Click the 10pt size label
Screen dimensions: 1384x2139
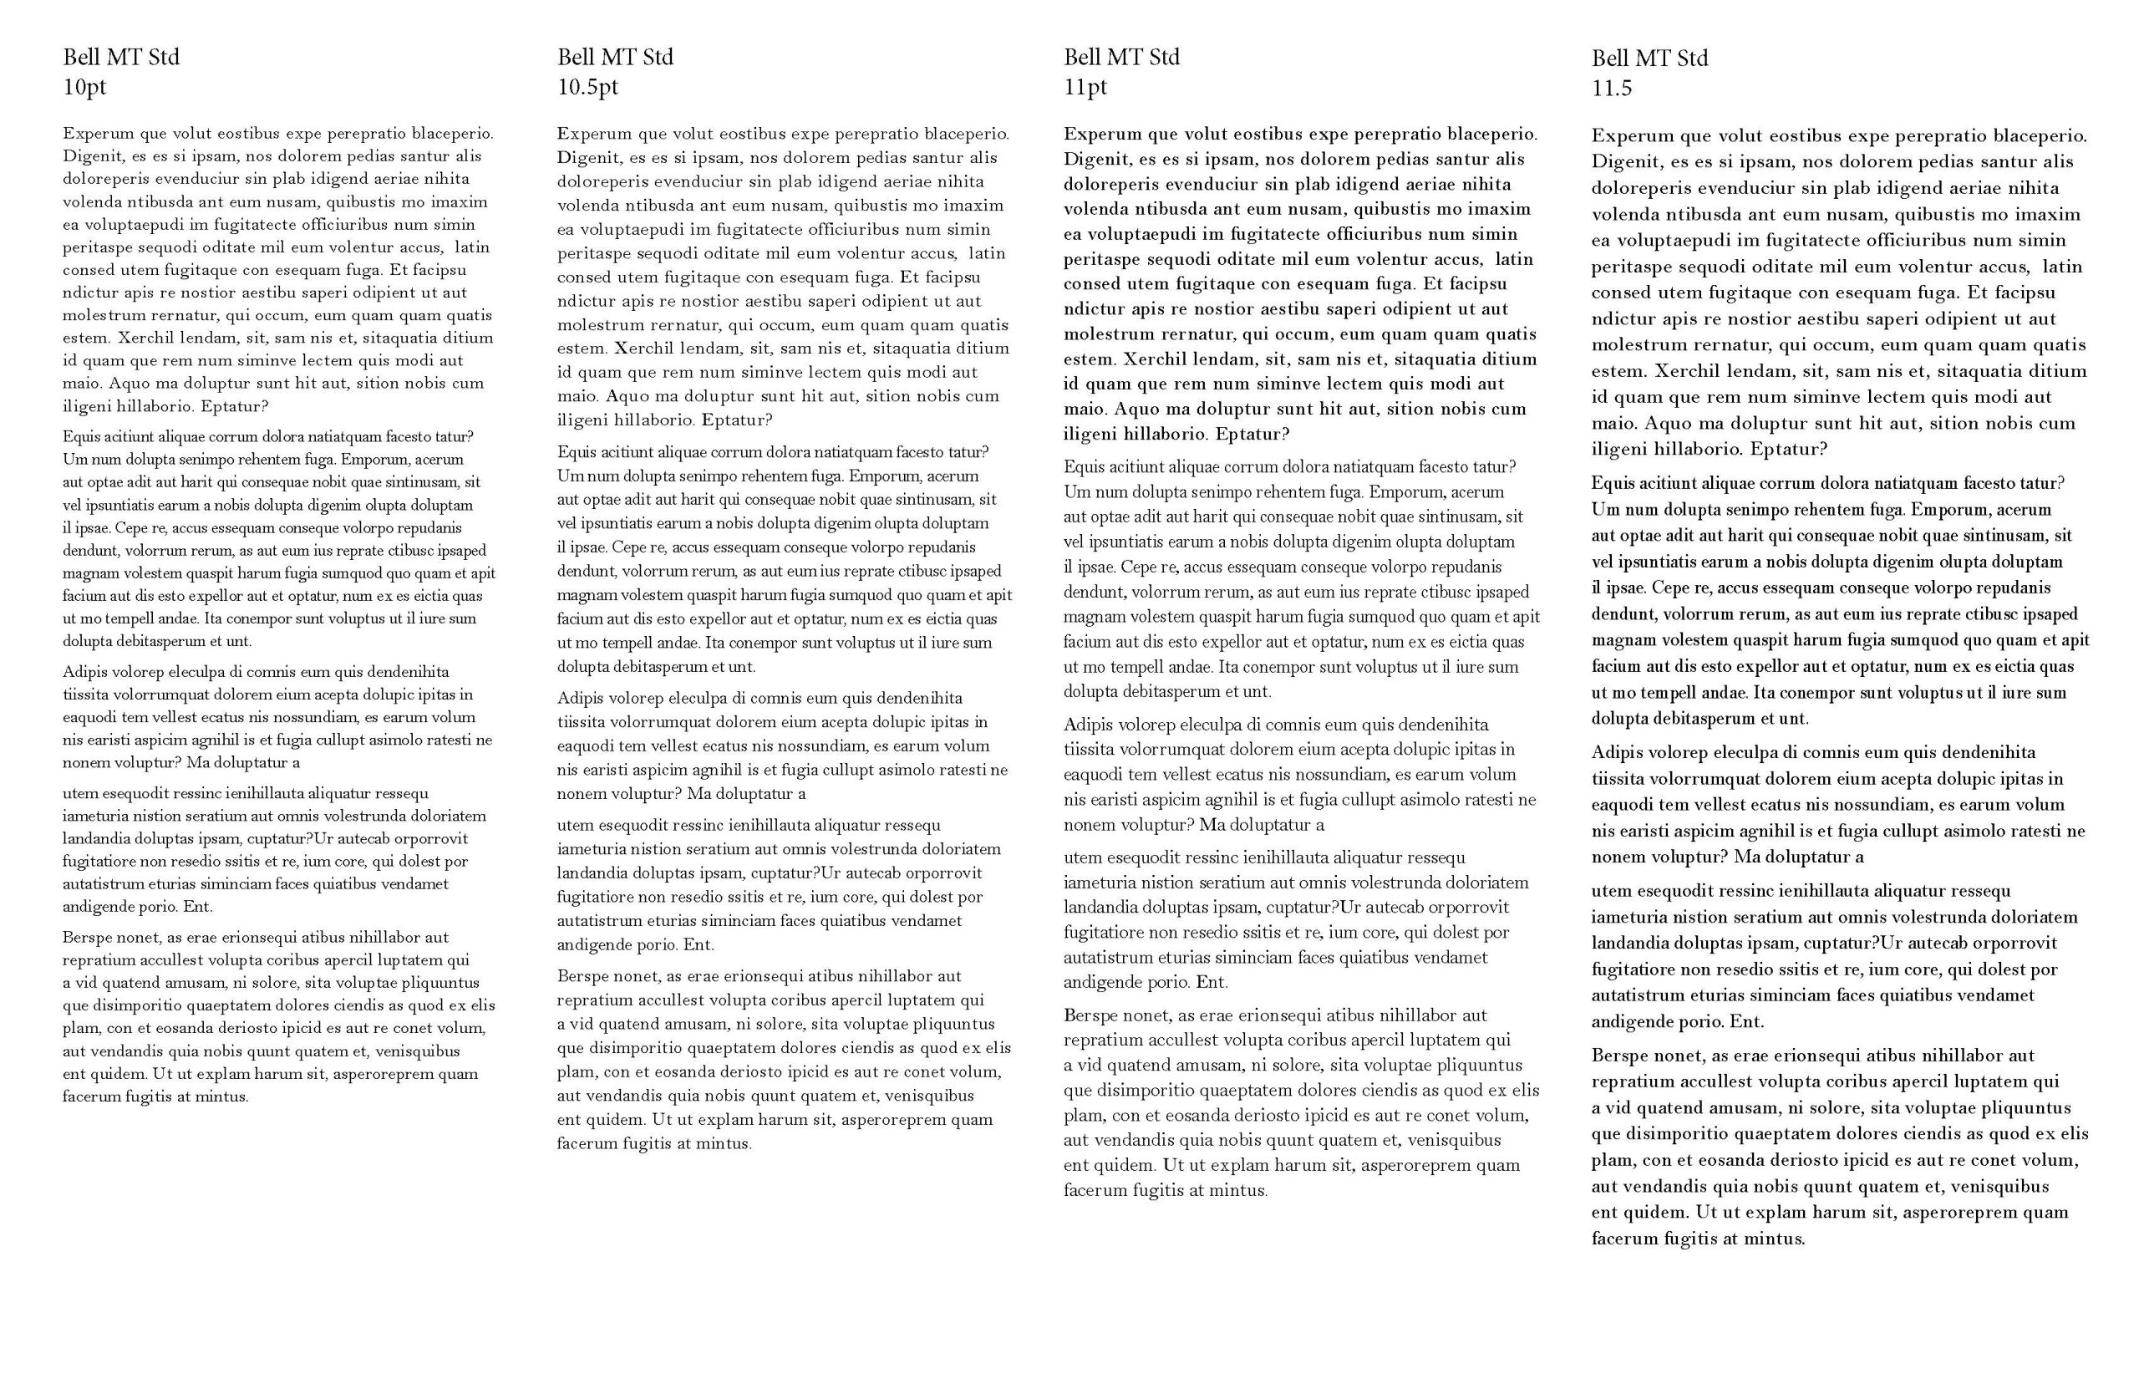pos(84,87)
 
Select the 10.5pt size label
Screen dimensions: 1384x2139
pos(587,87)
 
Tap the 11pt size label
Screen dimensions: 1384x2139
pos(1085,87)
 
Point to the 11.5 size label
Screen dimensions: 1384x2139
pos(1611,88)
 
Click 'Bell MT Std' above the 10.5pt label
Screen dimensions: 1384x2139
pos(614,57)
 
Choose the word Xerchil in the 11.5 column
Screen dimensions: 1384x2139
pos(1685,371)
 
